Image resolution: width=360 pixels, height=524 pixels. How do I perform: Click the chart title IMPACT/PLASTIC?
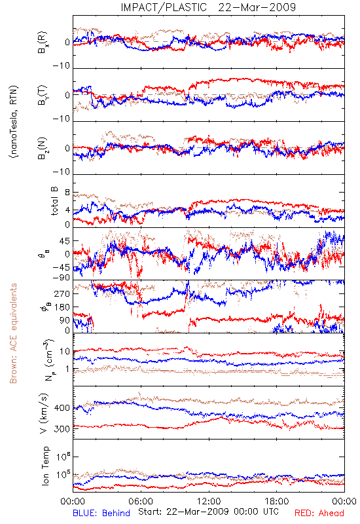coord(164,7)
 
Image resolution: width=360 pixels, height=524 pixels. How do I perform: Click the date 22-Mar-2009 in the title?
coord(257,7)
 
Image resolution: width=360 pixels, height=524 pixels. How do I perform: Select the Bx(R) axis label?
coord(43,43)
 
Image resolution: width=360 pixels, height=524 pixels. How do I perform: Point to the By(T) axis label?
coord(43,95)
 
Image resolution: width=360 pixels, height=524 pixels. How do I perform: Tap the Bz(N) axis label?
coord(43,148)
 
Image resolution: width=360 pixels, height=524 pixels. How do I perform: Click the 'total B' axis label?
coord(54,201)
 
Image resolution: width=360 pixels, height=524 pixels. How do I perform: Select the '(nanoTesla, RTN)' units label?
coord(14,122)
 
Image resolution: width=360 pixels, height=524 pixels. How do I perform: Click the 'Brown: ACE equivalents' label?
coord(13,333)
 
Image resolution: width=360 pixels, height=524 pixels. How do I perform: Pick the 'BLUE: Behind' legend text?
coord(101,513)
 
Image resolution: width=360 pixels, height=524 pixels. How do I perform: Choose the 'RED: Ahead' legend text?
coord(319,513)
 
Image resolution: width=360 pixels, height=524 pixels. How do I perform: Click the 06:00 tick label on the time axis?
coord(141,501)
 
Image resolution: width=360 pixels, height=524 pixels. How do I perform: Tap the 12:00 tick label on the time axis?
coord(209,501)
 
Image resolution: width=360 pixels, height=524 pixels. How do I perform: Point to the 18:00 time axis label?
coord(277,501)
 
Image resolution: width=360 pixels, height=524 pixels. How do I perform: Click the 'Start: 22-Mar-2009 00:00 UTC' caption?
coord(208,512)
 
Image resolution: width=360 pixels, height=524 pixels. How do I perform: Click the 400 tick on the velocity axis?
coord(62,408)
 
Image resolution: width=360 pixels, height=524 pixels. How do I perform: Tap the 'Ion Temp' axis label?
coord(45,466)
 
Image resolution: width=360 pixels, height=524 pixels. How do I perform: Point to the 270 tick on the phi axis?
coord(62,294)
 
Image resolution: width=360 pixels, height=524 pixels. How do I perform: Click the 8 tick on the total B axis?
coord(67,193)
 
